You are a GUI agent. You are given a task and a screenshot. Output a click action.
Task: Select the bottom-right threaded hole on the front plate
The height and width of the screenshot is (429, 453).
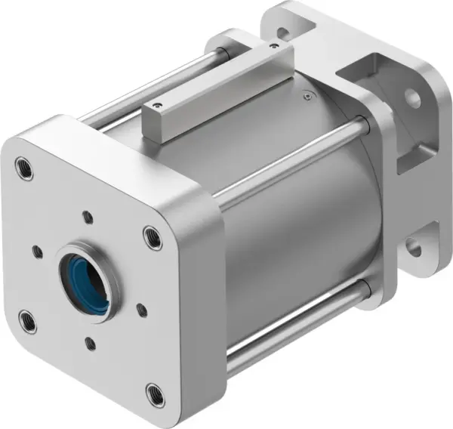[155, 392]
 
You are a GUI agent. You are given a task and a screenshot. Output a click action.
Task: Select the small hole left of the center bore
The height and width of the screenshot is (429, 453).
[35, 250]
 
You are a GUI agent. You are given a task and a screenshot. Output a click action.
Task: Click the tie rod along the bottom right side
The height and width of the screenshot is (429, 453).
[294, 325]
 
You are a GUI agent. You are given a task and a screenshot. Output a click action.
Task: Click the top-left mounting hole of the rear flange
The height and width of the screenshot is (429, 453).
[282, 33]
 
